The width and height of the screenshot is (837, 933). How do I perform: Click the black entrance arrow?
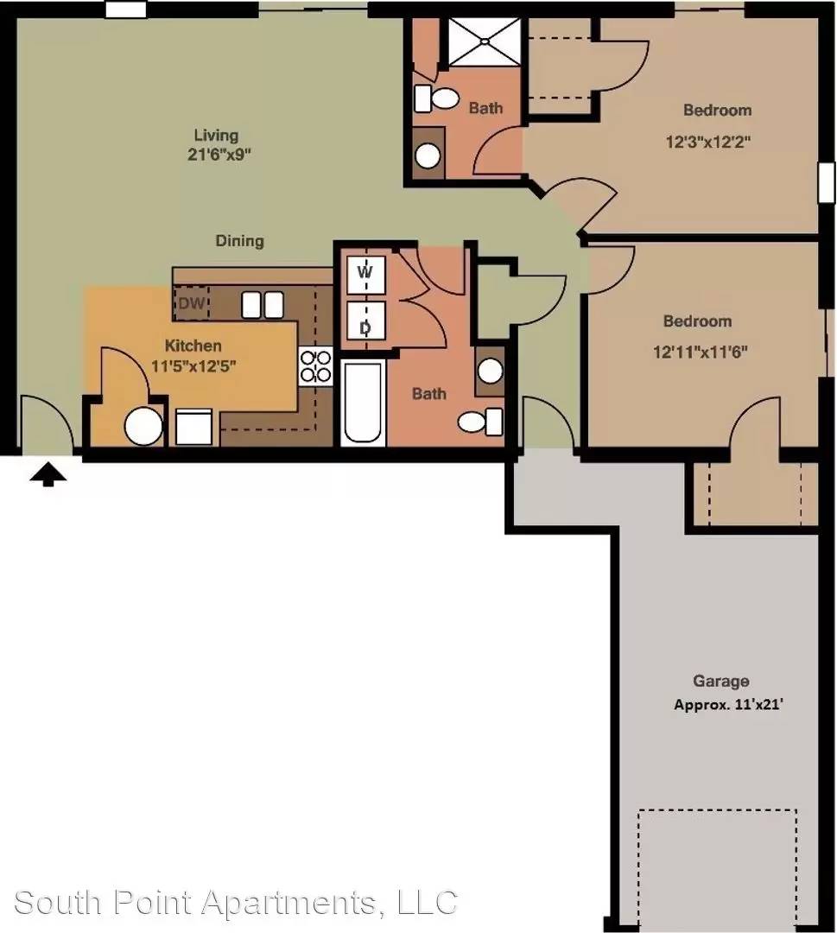pos(48,475)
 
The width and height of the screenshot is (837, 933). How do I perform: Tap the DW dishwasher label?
pos(192,303)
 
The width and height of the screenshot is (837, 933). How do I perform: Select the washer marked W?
pos(365,275)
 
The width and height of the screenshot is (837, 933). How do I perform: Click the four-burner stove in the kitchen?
pos(316,366)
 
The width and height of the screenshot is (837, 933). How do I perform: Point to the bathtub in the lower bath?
pos(362,403)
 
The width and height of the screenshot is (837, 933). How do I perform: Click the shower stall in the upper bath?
pos(485,41)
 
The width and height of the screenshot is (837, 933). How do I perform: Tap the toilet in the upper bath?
pos(436,98)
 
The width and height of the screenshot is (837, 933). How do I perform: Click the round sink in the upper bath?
pos(428,155)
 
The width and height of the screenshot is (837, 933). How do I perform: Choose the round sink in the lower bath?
pos(490,371)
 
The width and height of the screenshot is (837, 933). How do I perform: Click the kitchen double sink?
pos(263,305)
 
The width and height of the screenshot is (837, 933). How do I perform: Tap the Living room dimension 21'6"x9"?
pos(219,155)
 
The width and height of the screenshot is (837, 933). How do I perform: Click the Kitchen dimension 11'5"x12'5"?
pos(193,365)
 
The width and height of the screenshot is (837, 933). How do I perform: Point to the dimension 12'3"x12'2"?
pos(708,143)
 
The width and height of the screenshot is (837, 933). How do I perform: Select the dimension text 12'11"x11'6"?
pos(701,352)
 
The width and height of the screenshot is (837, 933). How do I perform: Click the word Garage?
pos(721,682)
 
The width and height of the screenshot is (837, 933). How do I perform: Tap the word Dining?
pos(240,241)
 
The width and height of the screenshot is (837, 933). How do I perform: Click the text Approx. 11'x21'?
pos(729,705)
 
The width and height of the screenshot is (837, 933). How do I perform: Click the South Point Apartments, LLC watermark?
pos(236,902)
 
